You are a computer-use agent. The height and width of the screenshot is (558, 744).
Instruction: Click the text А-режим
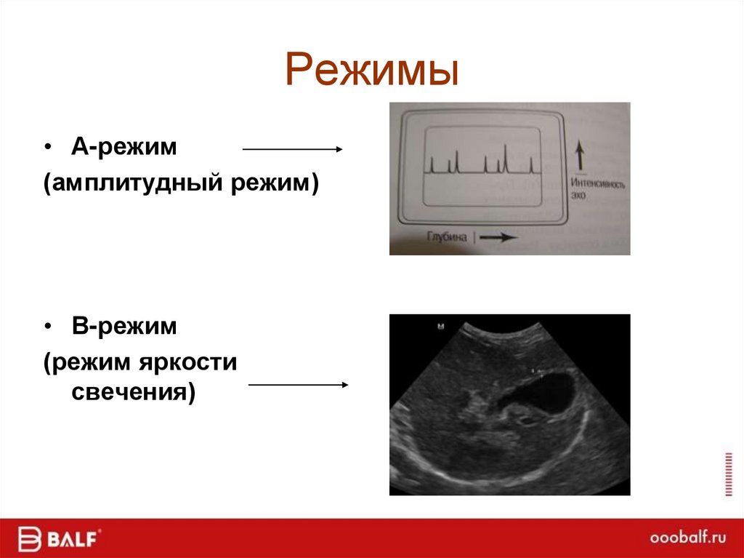tap(124, 147)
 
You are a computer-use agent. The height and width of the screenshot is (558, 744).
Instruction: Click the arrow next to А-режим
tap(291, 149)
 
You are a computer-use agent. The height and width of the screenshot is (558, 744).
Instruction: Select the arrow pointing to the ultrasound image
tap(298, 385)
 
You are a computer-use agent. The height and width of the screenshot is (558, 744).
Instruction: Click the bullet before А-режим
tap(49, 148)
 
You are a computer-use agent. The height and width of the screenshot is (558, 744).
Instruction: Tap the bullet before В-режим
tap(49, 327)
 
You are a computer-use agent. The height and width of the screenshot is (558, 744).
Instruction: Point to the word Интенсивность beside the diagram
tap(598, 185)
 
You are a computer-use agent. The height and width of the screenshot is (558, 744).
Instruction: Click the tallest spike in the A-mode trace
tap(506, 157)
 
